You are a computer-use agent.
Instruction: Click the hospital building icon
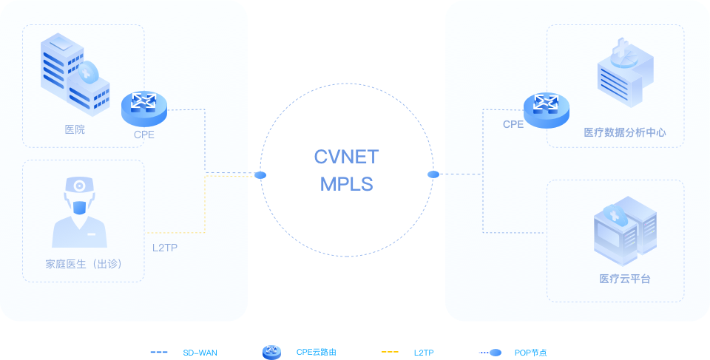[75, 74]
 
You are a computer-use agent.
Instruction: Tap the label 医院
[75, 130]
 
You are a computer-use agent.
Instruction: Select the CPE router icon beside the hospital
[144, 108]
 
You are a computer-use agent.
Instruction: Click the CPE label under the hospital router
[144, 135]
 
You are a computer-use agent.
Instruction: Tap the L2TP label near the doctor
[165, 247]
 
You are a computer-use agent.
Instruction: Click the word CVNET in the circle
[346, 157]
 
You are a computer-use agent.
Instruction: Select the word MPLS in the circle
[346, 184]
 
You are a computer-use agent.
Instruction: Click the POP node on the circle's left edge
[260, 175]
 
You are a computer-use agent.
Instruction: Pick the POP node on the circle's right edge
[433, 174]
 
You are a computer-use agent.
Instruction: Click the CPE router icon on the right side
[547, 109]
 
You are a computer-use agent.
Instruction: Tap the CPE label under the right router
[513, 125]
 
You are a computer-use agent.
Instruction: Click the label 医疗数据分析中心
[625, 133]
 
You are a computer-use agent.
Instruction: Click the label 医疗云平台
[625, 279]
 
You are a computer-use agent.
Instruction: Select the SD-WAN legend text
[200, 353]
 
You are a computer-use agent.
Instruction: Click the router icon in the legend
[271, 353]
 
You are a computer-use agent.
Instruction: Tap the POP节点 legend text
[530, 353]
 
